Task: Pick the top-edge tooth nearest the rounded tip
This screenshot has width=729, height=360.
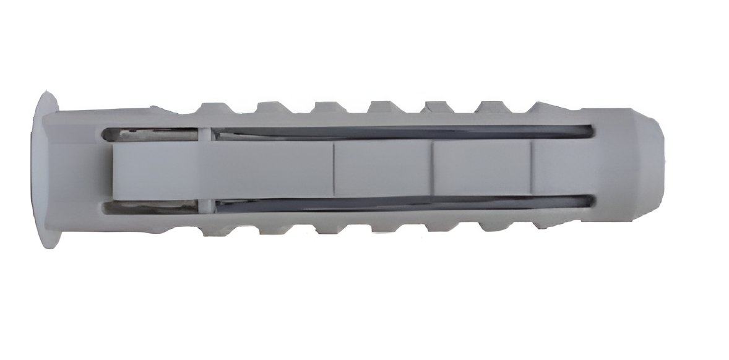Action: (545, 109)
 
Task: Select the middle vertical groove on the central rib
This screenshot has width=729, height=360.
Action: (431, 168)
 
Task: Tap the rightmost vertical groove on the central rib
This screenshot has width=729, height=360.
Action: (530, 168)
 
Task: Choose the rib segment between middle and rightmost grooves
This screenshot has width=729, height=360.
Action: (481, 168)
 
